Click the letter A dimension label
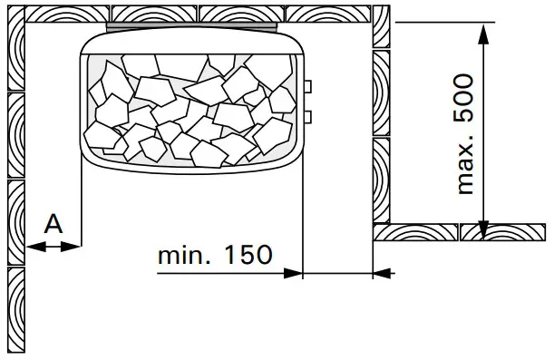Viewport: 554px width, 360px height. click(x=53, y=222)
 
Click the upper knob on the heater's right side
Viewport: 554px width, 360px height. click(x=308, y=86)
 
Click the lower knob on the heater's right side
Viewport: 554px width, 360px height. click(x=308, y=115)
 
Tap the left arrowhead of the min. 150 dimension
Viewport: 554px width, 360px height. click(x=292, y=271)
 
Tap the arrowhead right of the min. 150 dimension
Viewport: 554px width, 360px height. click(x=382, y=271)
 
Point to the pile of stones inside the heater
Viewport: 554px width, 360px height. click(x=190, y=104)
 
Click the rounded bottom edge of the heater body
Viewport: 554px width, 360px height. click(x=190, y=171)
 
